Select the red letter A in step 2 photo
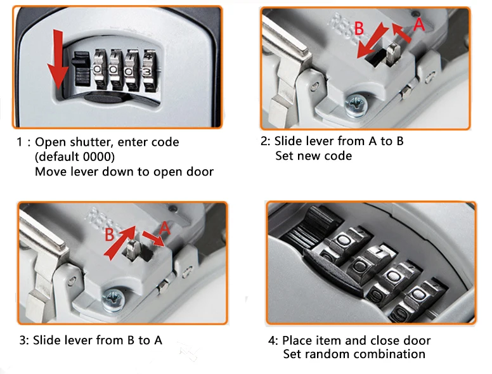[419, 24]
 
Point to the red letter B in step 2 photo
[359, 29]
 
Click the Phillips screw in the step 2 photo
[356, 105]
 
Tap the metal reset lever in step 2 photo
[393, 54]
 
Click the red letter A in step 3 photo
[164, 228]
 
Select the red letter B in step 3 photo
[109, 235]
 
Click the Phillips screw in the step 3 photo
[113, 300]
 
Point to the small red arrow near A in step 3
[153, 239]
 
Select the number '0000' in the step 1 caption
[96, 157]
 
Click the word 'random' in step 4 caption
[328, 354]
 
